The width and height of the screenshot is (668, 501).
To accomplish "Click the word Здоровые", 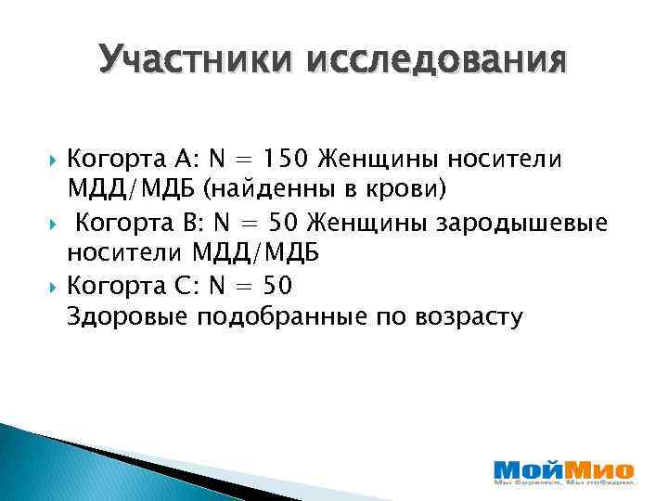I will coord(125,317).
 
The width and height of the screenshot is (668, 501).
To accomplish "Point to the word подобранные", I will coord(280,317).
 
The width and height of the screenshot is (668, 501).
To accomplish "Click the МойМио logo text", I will coord(564,469).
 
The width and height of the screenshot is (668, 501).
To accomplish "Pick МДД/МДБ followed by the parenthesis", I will coord(131,190).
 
